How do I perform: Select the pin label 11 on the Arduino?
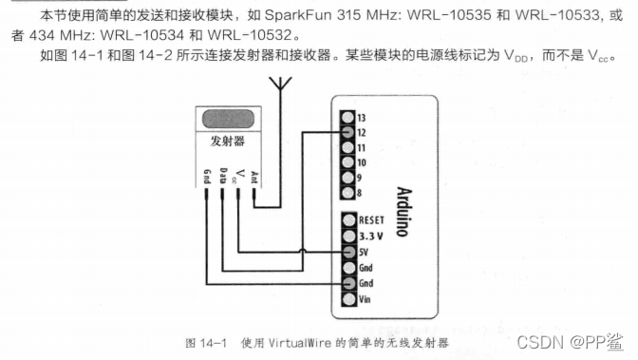[x=362, y=147]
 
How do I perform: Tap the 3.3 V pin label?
[x=369, y=235]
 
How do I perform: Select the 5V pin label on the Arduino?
[x=363, y=252]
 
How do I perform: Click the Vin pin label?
[x=364, y=298]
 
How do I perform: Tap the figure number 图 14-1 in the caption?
[x=204, y=340]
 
